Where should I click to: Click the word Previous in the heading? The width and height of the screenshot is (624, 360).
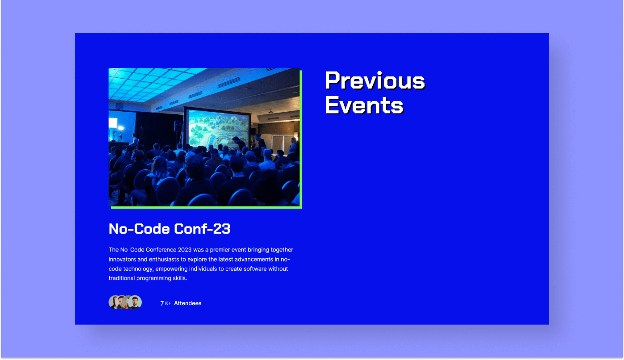point(374,81)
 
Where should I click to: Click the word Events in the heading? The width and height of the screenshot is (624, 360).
point(364,105)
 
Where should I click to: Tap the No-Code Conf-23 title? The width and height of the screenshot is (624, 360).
point(169,229)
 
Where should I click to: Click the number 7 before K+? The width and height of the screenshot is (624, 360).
point(162,303)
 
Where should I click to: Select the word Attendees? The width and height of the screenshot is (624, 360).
point(187,303)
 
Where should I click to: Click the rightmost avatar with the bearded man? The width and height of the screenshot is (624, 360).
point(135,302)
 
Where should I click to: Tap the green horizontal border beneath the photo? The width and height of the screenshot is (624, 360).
point(205,207)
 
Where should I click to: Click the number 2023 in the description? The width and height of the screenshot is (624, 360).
point(185,250)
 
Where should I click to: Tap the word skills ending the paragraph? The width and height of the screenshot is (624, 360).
point(179,278)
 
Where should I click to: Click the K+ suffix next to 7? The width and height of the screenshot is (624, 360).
point(168,303)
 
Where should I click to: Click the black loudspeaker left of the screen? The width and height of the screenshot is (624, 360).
point(178,126)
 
